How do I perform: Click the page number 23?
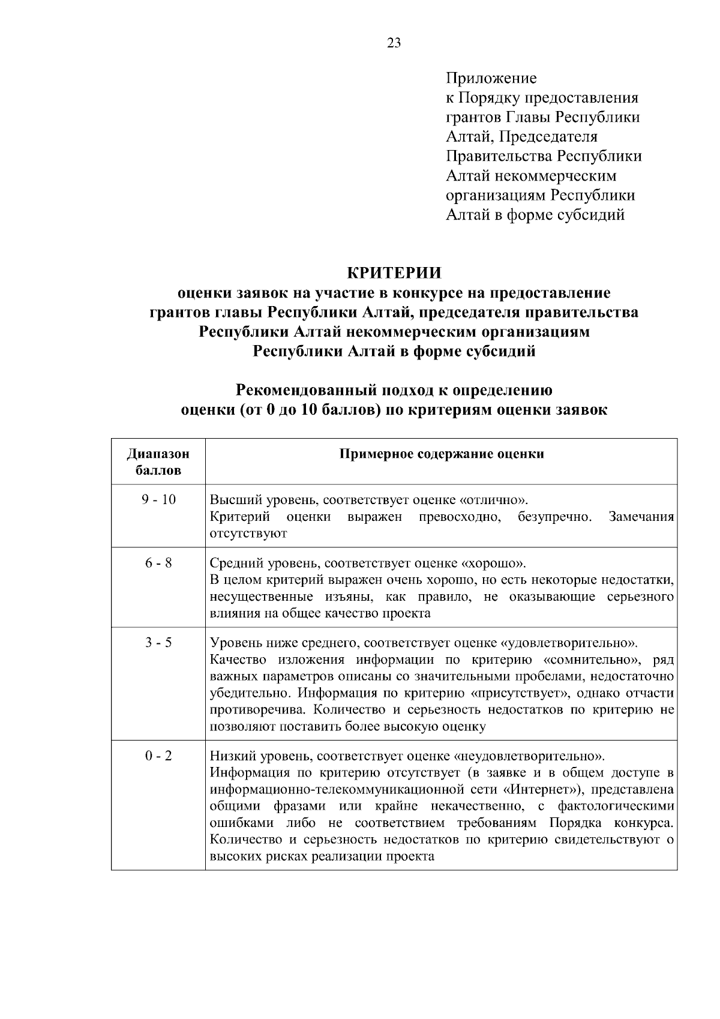(394, 43)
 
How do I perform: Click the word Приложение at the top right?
(491, 78)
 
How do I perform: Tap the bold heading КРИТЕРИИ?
(394, 273)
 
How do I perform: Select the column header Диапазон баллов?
(158, 462)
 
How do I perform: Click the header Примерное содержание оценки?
(442, 454)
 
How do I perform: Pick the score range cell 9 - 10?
(158, 500)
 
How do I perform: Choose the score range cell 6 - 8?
(158, 564)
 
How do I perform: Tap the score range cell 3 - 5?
(158, 643)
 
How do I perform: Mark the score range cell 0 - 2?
(158, 756)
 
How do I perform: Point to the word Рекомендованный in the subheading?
(306, 391)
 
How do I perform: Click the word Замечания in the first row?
(641, 517)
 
